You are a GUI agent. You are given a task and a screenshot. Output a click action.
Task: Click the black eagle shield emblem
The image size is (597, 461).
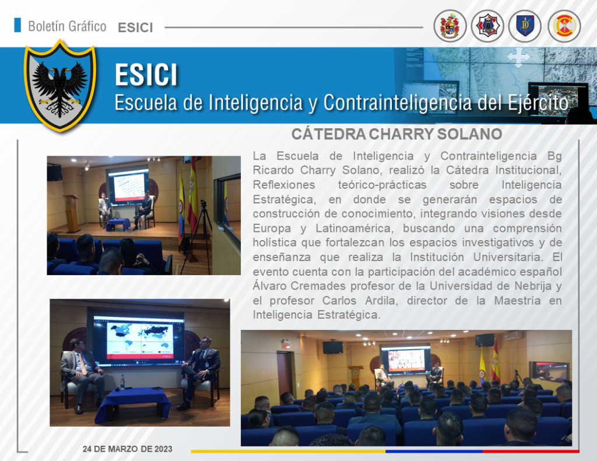[60, 86]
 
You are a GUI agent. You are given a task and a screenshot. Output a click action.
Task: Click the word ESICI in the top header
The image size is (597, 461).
[135, 28]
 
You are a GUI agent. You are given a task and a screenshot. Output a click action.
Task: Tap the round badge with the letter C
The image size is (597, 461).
[564, 26]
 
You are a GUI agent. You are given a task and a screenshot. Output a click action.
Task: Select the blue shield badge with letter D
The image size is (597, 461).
[525, 26]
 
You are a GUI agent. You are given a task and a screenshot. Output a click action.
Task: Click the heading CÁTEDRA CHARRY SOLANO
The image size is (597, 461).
[396, 134]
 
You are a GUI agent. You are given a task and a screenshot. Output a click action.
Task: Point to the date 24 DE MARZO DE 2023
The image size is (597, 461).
[128, 449]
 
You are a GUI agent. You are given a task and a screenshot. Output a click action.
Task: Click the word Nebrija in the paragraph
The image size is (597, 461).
[533, 286]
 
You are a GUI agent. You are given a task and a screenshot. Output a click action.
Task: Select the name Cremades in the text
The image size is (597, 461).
[318, 286]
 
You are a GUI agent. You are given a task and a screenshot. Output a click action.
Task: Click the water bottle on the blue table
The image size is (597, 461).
[122, 382]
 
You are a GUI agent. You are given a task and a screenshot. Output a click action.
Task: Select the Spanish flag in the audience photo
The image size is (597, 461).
[496, 362]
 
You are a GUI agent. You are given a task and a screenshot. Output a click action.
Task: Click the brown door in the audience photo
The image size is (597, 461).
[284, 373]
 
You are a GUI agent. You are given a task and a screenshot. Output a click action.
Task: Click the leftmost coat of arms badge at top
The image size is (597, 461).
[450, 26]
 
